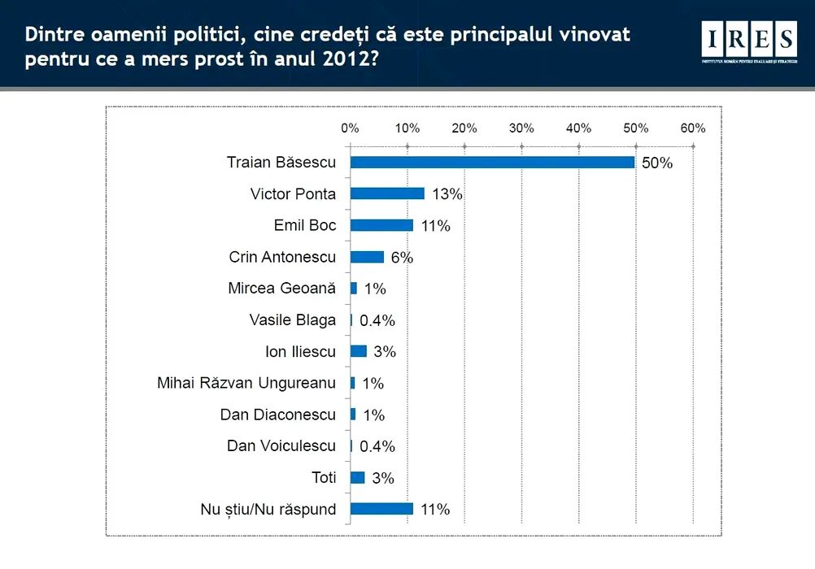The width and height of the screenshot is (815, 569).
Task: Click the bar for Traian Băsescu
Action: click(x=492, y=162)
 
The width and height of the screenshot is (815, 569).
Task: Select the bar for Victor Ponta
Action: click(x=387, y=193)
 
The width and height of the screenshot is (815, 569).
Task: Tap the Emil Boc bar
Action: click(x=381, y=225)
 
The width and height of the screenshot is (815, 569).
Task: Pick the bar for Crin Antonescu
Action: click(x=367, y=257)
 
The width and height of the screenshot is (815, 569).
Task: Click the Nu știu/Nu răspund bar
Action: click(x=381, y=509)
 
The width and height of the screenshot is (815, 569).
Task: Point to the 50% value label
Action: click(x=657, y=163)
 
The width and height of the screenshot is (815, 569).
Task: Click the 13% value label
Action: click(x=447, y=194)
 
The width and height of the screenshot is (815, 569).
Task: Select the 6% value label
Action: click(x=401, y=258)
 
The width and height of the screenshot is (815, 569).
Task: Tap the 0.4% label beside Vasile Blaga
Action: click(x=377, y=320)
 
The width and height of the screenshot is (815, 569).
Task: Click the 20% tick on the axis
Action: click(x=464, y=128)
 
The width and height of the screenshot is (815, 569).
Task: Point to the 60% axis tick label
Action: click(x=693, y=128)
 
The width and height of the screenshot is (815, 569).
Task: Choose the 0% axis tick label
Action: click(x=350, y=128)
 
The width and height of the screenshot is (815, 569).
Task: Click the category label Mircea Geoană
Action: click(x=282, y=289)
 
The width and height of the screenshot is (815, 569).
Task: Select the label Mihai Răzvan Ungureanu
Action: click(x=246, y=383)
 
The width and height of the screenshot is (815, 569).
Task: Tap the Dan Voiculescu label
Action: click(x=281, y=445)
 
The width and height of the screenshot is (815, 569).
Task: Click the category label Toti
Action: click(x=324, y=477)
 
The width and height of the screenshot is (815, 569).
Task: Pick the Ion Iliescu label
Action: click(x=301, y=351)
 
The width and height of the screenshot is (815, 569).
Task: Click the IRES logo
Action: click(x=749, y=41)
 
